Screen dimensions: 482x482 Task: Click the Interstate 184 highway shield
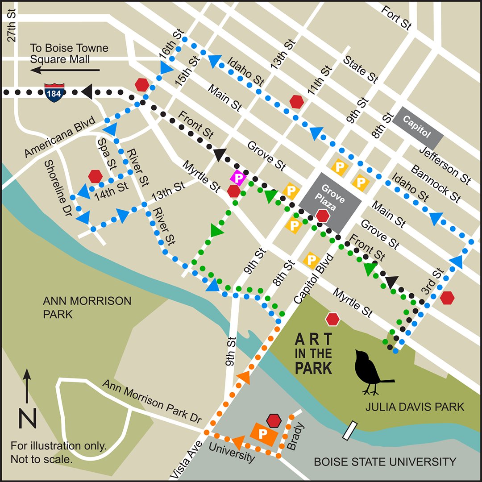pyautogui.click(x=55, y=92)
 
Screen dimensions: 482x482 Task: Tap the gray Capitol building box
pyautogui.click(x=417, y=128)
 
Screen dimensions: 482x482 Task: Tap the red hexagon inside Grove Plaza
pyautogui.click(x=323, y=216)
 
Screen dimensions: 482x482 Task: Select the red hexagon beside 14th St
pyautogui.click(x=95, y=176)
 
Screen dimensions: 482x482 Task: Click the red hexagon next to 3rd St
pyautogui.click(x=447, y=298)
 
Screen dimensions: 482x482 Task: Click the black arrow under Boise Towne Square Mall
pyautogui.click(x=65, y=70)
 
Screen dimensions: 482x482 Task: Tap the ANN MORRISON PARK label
pyautogui.click(x=87, y=307)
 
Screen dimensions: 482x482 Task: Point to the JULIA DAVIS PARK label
pyautogui.click(x=415, y=407)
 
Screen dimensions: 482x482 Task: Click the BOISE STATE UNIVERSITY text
pyautogui.click(x=385, y=462)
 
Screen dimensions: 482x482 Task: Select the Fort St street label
pyautogui.click(x=397, y=17)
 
